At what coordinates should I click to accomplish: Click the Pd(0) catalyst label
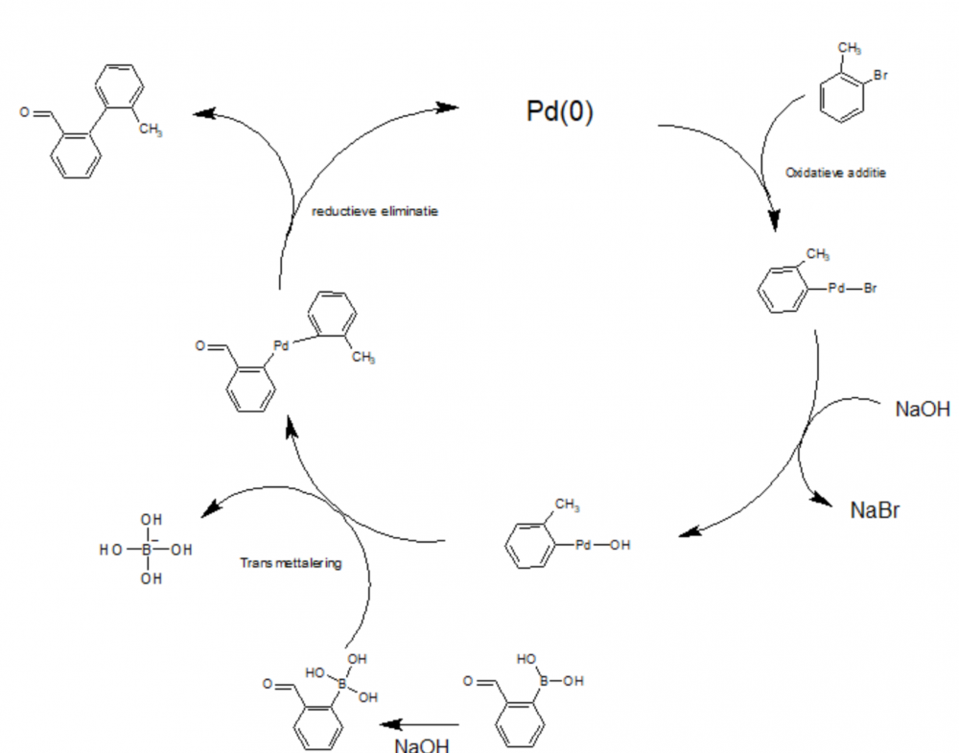560,112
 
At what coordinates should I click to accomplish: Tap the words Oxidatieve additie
836,173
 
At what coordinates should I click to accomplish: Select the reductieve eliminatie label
375,211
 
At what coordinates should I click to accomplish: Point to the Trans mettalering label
291,563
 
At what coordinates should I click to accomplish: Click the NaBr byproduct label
875,509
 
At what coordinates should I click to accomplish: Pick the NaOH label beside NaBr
923,410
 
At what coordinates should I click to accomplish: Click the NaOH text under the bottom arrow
421,744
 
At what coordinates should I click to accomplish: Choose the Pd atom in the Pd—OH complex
585,545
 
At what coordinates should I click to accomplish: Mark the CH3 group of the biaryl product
151,130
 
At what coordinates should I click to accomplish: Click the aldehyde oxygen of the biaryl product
24,112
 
